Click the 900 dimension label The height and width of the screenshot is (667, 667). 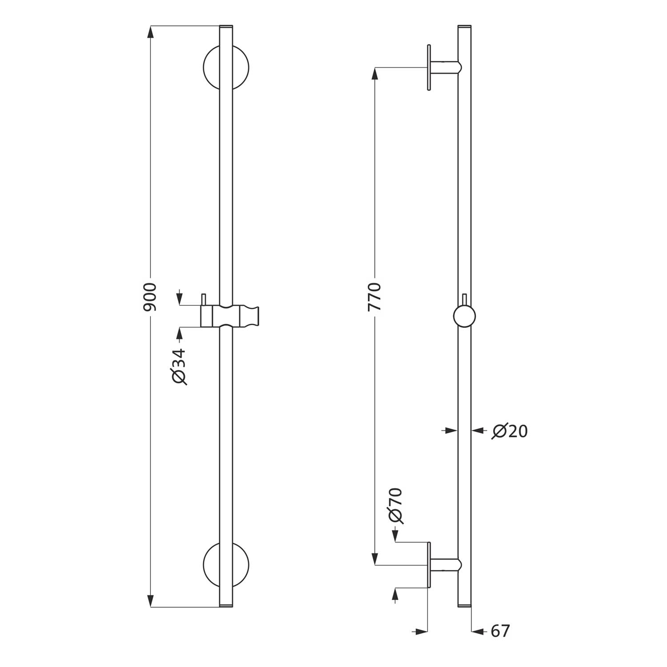pyautogui.click(x=151, y=297)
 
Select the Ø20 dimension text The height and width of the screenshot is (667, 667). pyautogui.click(x=510, y=431)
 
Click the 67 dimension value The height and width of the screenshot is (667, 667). pyautogui.click(x=500, y=631)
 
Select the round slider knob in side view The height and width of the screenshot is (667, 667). pyautogui.click(x=464, y=317)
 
